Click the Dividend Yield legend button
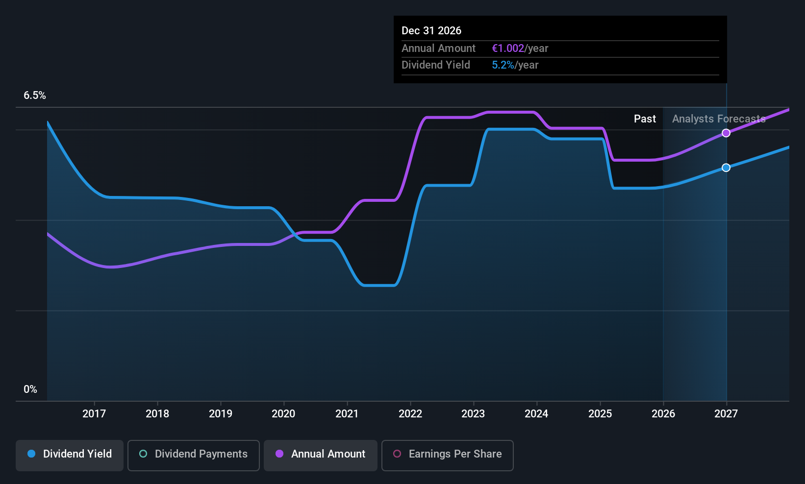tap(69, 455)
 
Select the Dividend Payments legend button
tap(193, 455)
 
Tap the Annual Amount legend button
tap(320, 455)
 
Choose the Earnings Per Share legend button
tap(448, 455)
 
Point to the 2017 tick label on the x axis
tap(94, 413)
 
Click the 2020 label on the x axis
tap(283, 413)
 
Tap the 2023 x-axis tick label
tap(473, 413)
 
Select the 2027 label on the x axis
tap(726, 413)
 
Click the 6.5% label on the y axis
tap(35, 96)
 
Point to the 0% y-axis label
tap(30, 389)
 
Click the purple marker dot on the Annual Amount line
tap(726, 133)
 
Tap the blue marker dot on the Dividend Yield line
tap(726, 168)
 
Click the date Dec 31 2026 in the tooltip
tap(431, 30)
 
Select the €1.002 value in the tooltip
tap(508, 48)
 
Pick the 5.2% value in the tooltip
tap(503, 65)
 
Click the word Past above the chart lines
tap(645, 119)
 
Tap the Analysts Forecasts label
tap(719, 119)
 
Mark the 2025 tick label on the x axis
tap(600, 413)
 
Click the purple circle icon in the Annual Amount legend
tap(279, 454)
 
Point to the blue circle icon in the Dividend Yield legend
tap(32, 454)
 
